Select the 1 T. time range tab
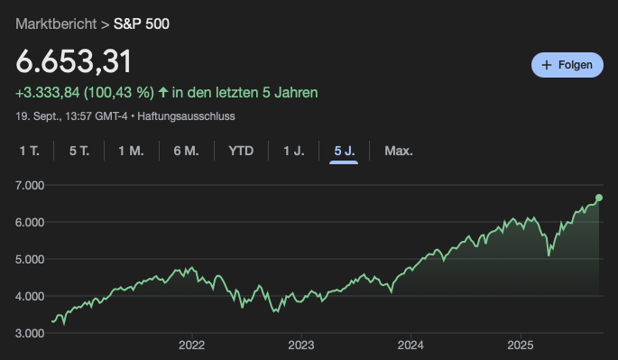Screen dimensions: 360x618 tap(29, 151)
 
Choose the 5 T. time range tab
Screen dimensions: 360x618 tap(79, 151)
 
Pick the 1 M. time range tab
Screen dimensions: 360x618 tap(131, 151)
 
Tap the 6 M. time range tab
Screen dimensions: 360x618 tap(186, 151)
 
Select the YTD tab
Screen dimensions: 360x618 tap(241, 151)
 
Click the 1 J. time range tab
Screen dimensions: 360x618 tap(294, 151)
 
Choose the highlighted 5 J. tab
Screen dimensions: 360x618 tap(345, 151)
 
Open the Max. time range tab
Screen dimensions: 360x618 tap(399, 151)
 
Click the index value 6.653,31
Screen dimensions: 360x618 tap(74, 61)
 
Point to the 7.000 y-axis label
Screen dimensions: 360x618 tap(30, 185)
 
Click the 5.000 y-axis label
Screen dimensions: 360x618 tap(30, 259)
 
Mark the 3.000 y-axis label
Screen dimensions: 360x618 tap(30, 333)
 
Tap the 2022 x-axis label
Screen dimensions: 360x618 tap(191, 345)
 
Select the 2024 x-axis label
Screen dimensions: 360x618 tap(410, 345)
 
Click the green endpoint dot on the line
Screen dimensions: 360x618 tap(599, 198)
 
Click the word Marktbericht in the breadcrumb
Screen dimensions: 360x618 tap(56, 23)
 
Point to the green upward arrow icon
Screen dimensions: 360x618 tap(163, 92)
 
